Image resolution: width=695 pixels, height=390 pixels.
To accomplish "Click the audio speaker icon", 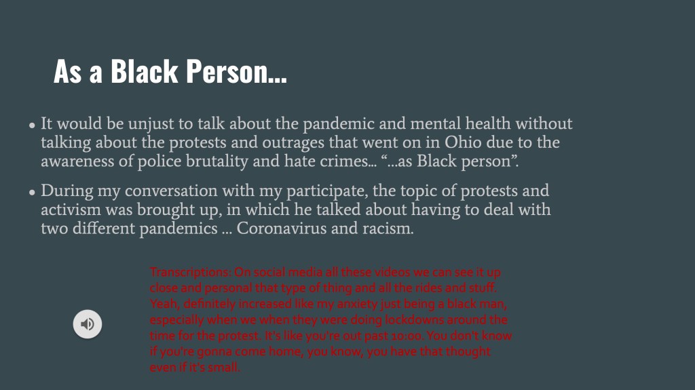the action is click(x=88, y=324).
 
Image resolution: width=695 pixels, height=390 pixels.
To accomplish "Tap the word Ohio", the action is click(x=463, y=142).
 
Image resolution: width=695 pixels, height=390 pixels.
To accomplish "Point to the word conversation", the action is click(x=171, y=191).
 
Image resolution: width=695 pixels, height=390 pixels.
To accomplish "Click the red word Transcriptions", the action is click(x=190, y=272).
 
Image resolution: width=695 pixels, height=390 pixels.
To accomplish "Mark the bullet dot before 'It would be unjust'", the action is click(x=32, y=125).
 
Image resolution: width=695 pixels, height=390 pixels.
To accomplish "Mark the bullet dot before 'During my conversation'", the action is click(x=32, y=193).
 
